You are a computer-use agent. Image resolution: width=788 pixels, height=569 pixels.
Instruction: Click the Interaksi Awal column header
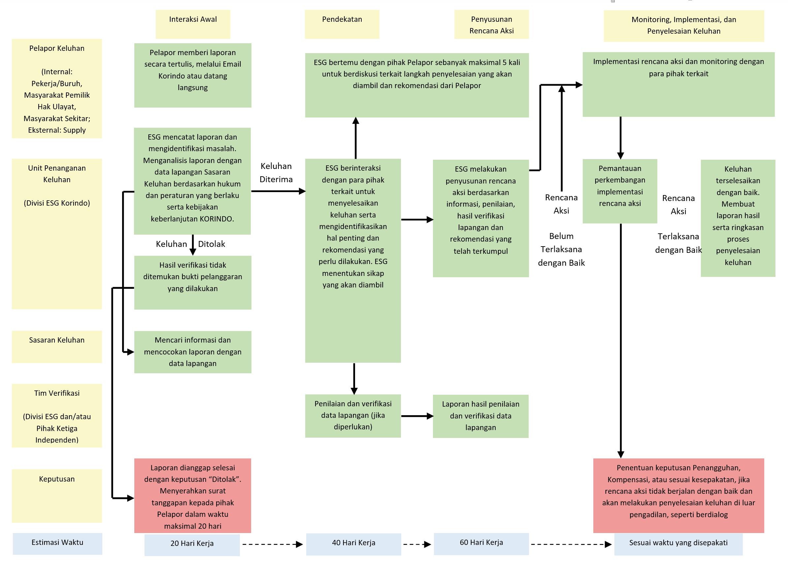pos(193,24)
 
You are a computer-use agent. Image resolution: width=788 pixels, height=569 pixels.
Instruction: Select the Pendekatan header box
pos(342,24)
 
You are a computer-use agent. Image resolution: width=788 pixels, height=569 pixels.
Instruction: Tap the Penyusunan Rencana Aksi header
pos(491,24)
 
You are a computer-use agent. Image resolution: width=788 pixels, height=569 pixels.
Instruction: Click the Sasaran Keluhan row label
pos(57,347)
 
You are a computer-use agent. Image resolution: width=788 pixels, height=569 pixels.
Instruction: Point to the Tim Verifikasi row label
pos(57,416)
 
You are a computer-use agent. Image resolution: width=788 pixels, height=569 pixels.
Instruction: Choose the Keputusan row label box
pos(57,496)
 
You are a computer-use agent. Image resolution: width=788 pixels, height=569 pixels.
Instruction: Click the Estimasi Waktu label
pos(57,544)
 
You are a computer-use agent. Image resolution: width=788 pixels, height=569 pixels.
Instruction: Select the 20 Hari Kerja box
pos(192,545)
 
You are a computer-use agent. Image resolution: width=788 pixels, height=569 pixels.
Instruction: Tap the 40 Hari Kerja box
pos(354,544)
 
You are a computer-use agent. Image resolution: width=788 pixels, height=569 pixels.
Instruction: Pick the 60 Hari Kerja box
pos(481,544)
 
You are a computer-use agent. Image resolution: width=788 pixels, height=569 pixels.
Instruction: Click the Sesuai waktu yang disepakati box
pos(678,544)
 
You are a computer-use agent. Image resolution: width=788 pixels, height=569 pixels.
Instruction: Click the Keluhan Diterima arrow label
pos(276,172)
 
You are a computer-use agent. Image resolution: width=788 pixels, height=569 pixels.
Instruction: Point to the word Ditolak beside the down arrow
pos(212,244)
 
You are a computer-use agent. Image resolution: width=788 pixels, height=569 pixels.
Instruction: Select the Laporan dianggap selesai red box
pos(192,496)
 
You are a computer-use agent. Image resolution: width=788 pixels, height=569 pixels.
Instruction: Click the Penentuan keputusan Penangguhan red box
pos(678,496)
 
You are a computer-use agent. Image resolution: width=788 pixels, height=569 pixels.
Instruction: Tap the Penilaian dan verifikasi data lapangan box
pos(353,416)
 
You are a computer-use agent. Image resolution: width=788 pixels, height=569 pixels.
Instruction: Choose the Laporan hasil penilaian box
pos(480,416)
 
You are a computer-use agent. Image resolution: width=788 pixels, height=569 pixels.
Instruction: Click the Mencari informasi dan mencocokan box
pos(193,352)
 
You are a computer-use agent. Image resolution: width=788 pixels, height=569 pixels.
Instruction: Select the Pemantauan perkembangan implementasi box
pos(620,191)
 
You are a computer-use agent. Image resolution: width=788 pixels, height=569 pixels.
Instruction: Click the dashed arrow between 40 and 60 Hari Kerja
pos(417,544)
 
